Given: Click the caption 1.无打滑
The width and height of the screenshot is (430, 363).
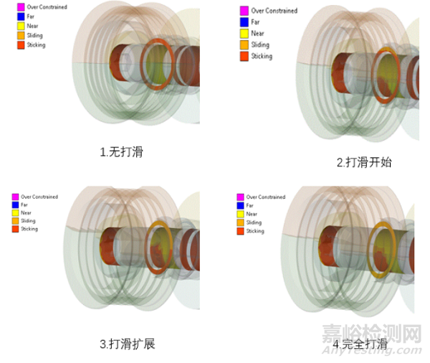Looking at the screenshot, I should point(123,152).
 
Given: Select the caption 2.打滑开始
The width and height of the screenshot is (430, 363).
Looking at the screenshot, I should point(364,162).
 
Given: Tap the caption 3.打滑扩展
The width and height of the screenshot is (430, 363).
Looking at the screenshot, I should point(127,344).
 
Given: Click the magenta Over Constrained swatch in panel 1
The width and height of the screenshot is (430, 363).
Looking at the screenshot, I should point(21,7).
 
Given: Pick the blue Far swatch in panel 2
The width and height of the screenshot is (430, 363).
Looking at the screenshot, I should point(244,22).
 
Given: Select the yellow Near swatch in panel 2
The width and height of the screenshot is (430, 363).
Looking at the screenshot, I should point(244,33).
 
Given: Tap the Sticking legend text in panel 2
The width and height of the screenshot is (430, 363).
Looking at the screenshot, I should point(262,56).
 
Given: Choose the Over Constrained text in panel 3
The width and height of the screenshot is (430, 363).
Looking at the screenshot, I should point(39,197).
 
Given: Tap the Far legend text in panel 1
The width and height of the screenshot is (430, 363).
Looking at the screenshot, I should point(31,16).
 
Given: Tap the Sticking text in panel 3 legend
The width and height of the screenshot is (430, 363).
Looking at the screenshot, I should point(29,229).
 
